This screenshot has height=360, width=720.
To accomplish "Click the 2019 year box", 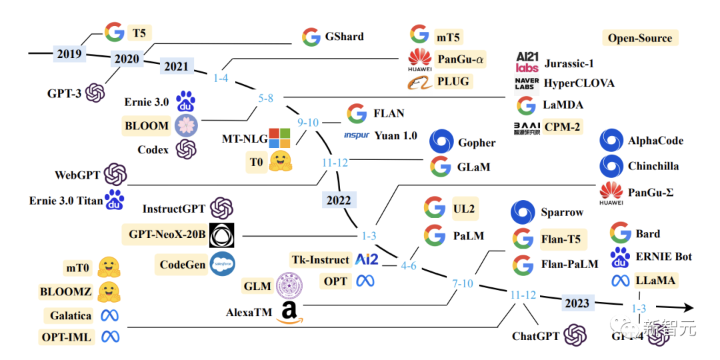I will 69,53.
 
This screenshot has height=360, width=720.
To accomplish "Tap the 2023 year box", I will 577,303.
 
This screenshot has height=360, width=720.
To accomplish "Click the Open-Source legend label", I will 639,38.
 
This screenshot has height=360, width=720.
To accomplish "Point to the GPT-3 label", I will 64,93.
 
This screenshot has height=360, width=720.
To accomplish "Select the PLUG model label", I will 453,82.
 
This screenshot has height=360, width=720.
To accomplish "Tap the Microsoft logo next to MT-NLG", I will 280,139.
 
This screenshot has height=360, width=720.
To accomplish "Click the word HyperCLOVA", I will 579,83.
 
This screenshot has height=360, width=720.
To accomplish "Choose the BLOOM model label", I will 147,125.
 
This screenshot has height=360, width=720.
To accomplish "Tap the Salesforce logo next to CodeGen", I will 222,265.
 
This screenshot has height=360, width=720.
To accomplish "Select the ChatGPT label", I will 535,336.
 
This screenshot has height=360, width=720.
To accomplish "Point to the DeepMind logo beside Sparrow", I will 523,213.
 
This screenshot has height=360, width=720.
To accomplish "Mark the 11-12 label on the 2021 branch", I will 335,162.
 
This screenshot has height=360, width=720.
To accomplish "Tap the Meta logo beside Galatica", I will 109,315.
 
